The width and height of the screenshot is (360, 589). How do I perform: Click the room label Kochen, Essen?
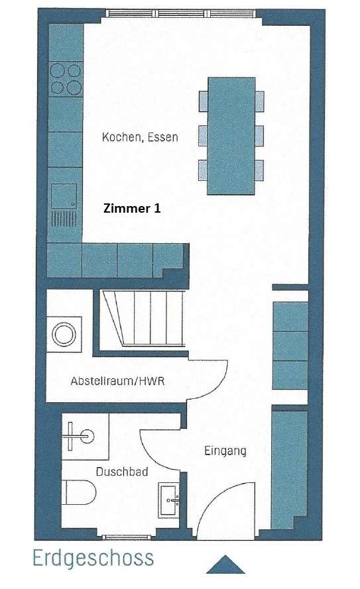(x=140, y=137)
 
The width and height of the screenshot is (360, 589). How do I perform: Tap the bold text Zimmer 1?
(x=132, y=208)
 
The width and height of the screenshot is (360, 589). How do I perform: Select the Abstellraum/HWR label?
(x=117, y=381)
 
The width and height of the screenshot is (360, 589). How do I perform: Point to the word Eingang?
(x=225, y=451)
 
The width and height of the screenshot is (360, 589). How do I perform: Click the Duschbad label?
(x=122, y=472)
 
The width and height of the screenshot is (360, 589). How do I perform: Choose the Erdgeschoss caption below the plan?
(x=93, y=558)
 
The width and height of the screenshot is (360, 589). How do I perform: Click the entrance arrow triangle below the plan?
(x=225, y=564)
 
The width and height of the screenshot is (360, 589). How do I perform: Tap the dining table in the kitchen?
(x=231, y=136)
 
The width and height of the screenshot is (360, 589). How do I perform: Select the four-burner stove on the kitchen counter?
(x=66, y=78)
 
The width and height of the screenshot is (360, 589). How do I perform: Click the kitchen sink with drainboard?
(x=64, y=205)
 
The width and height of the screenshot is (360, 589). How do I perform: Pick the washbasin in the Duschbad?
(x=168, y=501)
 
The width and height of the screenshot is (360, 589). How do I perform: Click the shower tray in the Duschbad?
(x=86, y=437)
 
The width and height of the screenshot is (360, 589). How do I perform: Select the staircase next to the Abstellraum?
(x=143, y=319)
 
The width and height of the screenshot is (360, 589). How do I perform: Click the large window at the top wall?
(x=181, y=13)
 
